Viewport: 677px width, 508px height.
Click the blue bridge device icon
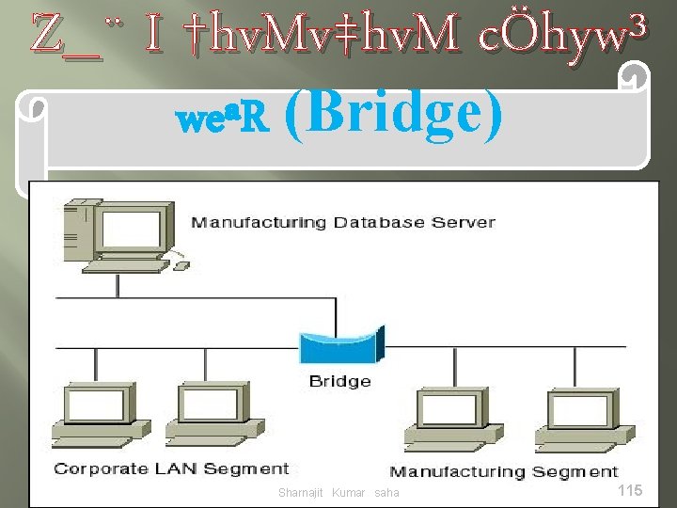339,347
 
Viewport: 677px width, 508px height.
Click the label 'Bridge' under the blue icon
339,381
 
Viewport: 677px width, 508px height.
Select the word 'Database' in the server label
368,223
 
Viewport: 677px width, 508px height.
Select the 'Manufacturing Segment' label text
504,471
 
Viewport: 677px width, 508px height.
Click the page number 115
629,490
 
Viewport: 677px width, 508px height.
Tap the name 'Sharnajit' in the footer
301,493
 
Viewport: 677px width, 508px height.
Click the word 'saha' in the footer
386,493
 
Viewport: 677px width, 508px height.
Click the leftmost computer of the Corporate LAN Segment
99,414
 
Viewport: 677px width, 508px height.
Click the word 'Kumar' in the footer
348,493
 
